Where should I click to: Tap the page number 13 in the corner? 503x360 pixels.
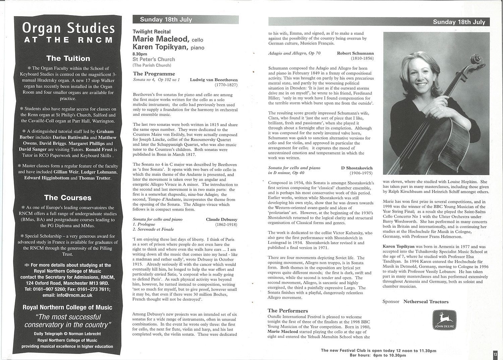pyautogui.click(x=495, y=354)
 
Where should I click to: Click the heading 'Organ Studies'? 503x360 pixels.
pyautogui.click(x=68, y=28)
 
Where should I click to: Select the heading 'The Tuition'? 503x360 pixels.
pyautogui.click(x=68, y=58)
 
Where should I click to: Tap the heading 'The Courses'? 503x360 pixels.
pyautogui.click(x=68, y=198)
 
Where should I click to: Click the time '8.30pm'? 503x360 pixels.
pyautogui.click(x=140, y=54)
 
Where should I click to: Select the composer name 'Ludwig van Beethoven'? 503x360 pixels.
pyautogui.click(x=214, y=80)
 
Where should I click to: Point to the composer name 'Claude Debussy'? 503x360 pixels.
pyautogui.click(x=221, y=219)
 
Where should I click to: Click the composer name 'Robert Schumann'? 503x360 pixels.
pyautogui.click(x=355, y=53)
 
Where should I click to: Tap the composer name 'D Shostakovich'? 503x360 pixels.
pyautogui.click(x=357, y=168)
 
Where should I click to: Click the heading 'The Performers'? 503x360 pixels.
pyautogui.click(x=287, y=311)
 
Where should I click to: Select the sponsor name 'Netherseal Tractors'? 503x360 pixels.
pyautogui.click(x=426, y=302)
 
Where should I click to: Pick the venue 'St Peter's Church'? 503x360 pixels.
pyautogui.click(x=154, y=59)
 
